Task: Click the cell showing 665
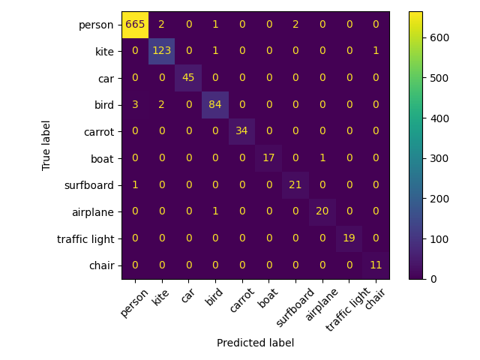pyautogui.click(x=135, y=25)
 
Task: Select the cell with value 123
pyautogui.click(x=161, y=51)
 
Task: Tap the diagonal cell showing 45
pyautogui.click(x=188, y=78)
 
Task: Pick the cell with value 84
pyautogui.click(x=215, y=105)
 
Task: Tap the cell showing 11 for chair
pyautogui.click(x=375, y=265)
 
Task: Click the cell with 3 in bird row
pyautogui.click(x=135, y=105)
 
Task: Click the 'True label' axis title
pyautogui.click(x=46, y=145)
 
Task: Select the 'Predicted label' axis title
pyautogui.click(x=255, y=343)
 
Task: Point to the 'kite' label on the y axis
pyautogui.click(x=103, y=51)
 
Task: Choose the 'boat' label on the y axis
pyautogui.click(x=102, y=158)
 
